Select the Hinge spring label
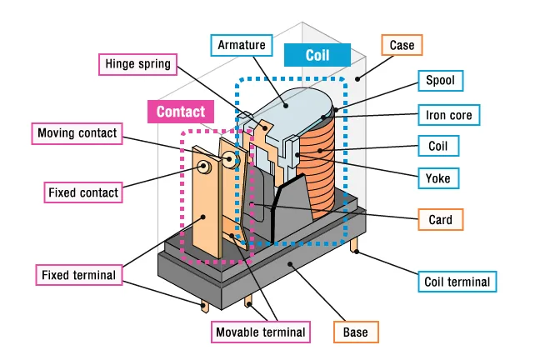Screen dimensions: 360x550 [137, 64]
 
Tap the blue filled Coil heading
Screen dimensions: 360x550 [317, 56]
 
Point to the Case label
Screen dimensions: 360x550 [407, 44]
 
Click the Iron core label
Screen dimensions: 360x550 [448, 114]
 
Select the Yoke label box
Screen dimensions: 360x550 [438, 177]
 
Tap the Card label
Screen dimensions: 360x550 [440, 219]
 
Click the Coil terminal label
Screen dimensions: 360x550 [457, 282]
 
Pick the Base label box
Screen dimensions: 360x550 [355, 332]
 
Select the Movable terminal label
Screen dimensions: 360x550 [260, 332]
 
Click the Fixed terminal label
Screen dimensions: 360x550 [77, 273]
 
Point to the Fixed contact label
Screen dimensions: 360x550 [82, 192]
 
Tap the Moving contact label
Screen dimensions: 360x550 [77, 132]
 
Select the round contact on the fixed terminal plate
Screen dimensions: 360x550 [202, 166]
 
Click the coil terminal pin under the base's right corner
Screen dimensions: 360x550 [357, 247]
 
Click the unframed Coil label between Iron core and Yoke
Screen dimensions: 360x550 [438, 146]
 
